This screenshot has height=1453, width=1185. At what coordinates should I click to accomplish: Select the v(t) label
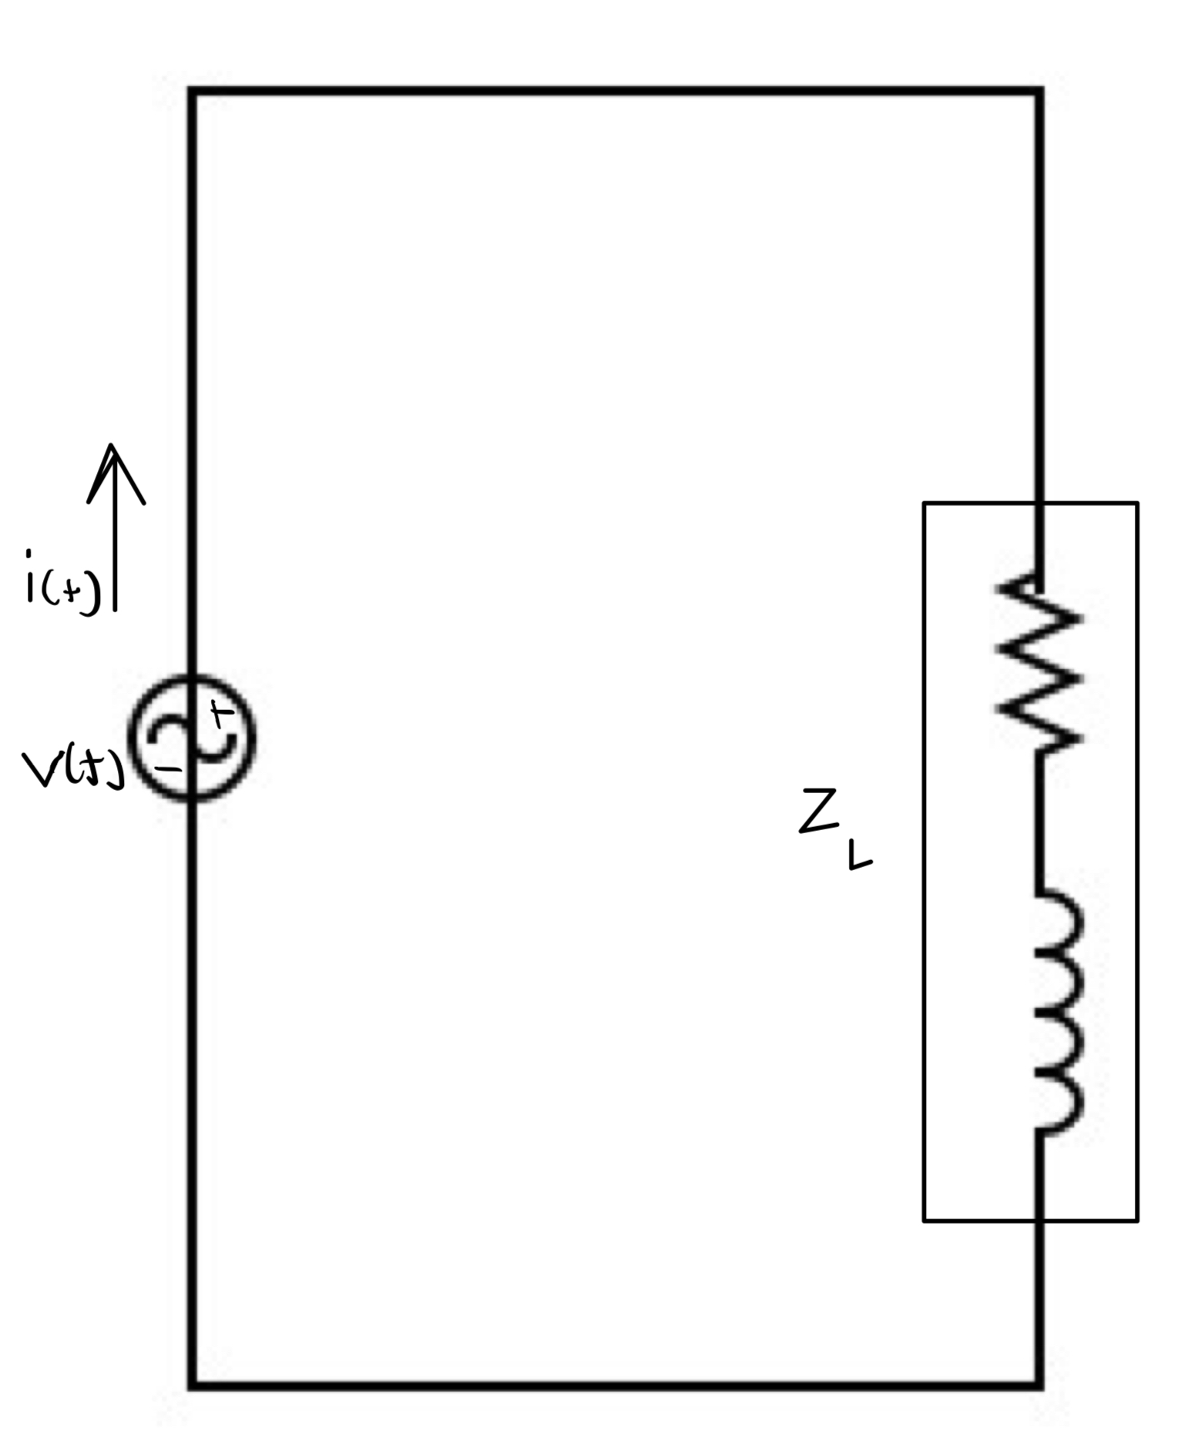pos(72,768)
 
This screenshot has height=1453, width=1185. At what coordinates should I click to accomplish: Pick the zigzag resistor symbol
pos(1040,662)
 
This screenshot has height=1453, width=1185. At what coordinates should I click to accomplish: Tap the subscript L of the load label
pos(859,855)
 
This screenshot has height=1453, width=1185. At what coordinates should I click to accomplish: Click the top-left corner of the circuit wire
pos(193,92)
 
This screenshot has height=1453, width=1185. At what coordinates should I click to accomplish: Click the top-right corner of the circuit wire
pos(1040,92)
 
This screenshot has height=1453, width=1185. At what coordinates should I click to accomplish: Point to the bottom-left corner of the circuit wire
pos(193,1385)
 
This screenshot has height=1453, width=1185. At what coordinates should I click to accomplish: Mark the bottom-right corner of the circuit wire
pos(1040,1385)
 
